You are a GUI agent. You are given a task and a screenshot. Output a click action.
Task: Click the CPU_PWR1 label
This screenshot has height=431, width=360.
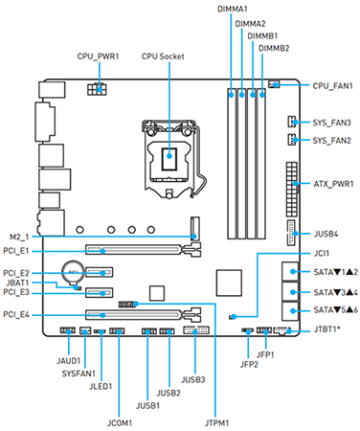point(98,57)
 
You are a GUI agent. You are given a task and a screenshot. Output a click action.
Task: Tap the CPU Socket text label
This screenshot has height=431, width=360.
point(163,57)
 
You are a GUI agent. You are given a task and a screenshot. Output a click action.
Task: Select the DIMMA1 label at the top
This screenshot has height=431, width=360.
point(233,9)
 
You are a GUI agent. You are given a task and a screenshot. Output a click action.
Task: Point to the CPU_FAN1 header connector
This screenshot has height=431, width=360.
point(274,84)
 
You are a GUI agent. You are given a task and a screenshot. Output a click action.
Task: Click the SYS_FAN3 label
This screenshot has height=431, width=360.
point(332,123)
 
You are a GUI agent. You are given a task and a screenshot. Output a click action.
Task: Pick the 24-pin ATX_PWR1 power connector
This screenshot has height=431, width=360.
point(291,190)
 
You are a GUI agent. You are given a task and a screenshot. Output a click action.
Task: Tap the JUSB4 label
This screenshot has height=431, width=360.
point(326,234)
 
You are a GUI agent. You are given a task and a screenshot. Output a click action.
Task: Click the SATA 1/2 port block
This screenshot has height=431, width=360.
point(290,271)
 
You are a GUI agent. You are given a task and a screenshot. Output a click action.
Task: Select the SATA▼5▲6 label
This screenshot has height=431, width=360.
point(336,310)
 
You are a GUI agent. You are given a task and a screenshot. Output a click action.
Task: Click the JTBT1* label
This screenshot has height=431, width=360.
point(326,329)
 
